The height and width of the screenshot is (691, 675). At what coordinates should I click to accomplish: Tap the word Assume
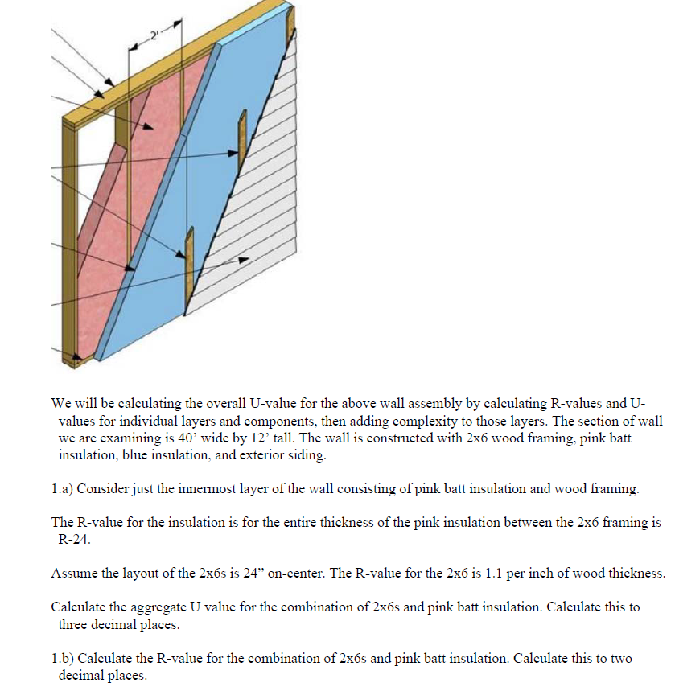click(72, 574)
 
